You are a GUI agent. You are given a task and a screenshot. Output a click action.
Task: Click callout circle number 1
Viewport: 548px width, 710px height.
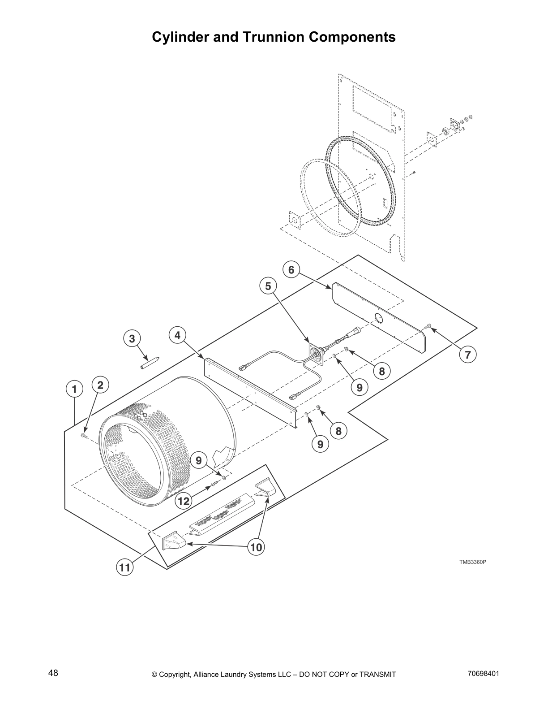pos(74,389)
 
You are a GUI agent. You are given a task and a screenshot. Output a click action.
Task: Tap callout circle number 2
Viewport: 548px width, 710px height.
pos(100,385)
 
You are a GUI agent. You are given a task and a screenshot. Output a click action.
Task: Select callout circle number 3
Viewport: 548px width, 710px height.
pos(132,338)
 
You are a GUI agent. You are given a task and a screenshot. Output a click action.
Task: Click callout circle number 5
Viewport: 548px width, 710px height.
pos(268,286)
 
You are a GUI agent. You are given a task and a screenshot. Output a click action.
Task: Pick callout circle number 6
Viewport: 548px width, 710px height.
pos(291,270)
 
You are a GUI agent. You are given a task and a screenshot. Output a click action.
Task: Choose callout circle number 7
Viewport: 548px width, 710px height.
pos(467,355)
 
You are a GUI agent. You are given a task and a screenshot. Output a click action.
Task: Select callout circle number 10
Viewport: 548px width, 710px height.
pos(256,547)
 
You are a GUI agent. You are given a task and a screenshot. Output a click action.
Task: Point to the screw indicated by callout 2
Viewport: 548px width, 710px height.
pos(84,435)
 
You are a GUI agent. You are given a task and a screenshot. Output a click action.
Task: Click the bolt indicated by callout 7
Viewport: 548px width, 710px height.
pos(428,326)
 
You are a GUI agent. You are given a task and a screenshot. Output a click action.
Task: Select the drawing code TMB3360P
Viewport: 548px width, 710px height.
pos(472,562)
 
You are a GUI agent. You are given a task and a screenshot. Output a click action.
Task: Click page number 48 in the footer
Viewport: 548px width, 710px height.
pos(53,673)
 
